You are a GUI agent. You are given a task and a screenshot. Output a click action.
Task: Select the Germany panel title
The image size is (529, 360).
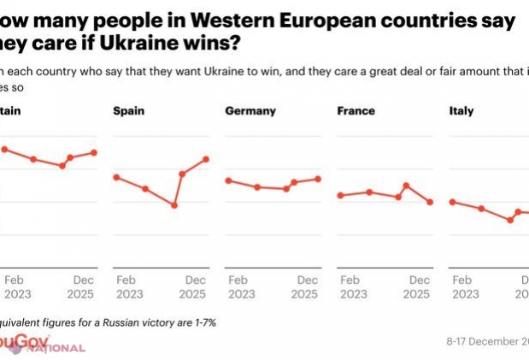[250, 111]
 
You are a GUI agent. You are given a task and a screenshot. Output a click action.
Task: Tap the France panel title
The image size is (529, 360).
[356, 111]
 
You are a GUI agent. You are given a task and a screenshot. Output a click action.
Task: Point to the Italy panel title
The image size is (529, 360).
[461, 111]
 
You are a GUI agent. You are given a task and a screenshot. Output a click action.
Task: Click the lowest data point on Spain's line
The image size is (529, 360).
[174, 205]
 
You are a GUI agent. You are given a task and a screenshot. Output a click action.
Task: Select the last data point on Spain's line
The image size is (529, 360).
[206, 158]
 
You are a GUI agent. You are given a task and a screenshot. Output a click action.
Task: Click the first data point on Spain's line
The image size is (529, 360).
[115, 177]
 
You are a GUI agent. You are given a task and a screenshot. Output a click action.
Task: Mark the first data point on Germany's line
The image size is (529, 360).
[228, 180]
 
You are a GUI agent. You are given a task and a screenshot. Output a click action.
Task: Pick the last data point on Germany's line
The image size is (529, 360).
[318, 179]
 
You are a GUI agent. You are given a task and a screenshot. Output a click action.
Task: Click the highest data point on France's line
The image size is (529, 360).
[407, 186]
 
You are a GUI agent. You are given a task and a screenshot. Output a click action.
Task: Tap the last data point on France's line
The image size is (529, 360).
[430, 202]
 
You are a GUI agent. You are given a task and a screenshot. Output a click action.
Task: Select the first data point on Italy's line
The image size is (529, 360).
[452, 202]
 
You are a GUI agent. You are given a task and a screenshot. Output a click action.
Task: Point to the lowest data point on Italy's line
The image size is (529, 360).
[510, 220]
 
